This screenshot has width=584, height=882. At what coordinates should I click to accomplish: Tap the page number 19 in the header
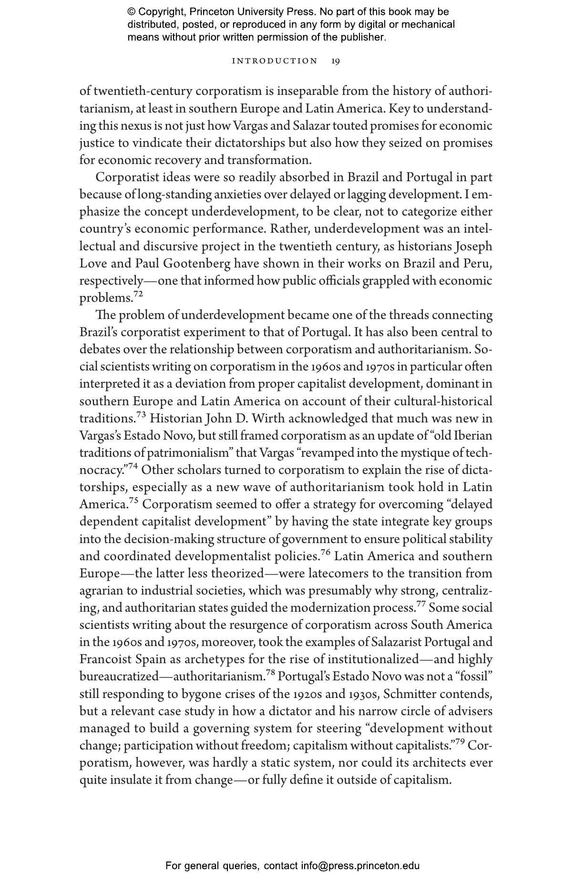tap(336, 61)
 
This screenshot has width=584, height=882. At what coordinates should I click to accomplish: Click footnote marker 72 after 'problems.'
tap(138, 294)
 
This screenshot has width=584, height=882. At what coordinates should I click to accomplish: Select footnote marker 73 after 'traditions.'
tap(141, 415)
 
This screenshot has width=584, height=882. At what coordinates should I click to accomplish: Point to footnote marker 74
tap(133, 466)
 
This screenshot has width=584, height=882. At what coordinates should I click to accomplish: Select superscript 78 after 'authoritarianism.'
tap(270, 673)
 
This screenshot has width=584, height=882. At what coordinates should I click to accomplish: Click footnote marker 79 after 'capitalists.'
tap(460, 742)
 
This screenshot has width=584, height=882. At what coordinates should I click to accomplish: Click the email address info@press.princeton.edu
tap(360, 866)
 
